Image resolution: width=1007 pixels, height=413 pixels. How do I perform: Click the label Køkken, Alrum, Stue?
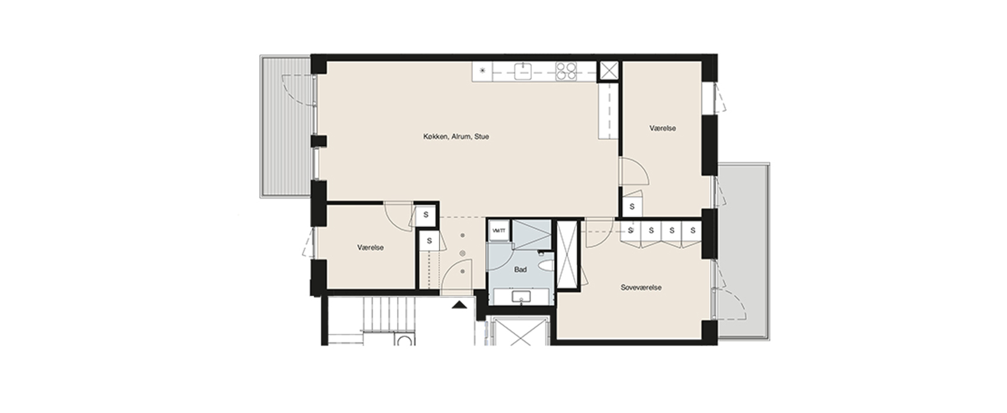coord(456,136)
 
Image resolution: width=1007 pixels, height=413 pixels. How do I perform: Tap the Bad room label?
coord(520,270)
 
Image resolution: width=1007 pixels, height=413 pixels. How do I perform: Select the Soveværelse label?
coord(641,287)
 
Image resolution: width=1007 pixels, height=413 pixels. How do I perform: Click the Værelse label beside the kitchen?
coord(663,128)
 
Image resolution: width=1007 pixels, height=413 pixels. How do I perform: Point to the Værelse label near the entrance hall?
coord(370,247)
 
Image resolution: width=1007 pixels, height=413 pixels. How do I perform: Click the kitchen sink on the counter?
coord(523,71)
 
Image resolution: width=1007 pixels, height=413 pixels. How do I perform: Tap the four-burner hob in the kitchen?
coord(566,71)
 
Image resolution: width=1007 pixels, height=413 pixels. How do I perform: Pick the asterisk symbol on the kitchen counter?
coord(482,71)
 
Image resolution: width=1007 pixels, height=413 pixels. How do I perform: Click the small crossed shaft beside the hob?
coord(609,71)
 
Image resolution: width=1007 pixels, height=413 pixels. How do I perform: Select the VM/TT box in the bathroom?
coord(499,231)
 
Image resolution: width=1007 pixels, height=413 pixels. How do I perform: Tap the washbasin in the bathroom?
coord(521,297)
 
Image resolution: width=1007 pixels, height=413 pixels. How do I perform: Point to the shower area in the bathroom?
coord(531,234)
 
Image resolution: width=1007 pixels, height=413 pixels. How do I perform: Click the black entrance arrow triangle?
coord(459,305)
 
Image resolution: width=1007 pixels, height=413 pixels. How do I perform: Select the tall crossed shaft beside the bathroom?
coord(567,255)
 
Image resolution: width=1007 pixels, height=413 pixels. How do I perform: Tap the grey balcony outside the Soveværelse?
coord(743,251)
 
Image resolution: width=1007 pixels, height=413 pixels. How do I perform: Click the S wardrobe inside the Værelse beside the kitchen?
coord(632,207)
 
